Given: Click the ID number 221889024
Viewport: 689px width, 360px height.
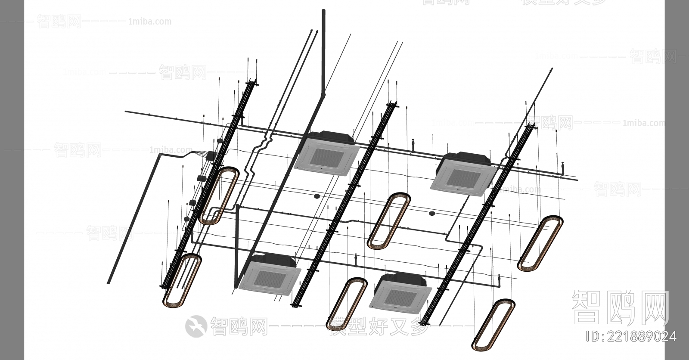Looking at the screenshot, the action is click(x=632, y=336).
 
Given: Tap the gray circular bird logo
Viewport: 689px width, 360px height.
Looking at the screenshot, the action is click(x=196, y=326).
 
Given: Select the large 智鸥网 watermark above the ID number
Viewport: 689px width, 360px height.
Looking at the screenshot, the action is click(x=620, y=307).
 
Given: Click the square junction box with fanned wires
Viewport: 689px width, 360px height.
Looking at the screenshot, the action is click(x=211, y=155).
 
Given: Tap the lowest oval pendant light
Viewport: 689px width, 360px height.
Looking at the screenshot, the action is click(x=494, y=324).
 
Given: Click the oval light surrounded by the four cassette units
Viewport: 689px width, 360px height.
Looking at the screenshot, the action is click(x=389, y=221).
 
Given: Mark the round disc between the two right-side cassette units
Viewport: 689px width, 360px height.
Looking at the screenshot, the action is click(x=432, y=213).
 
